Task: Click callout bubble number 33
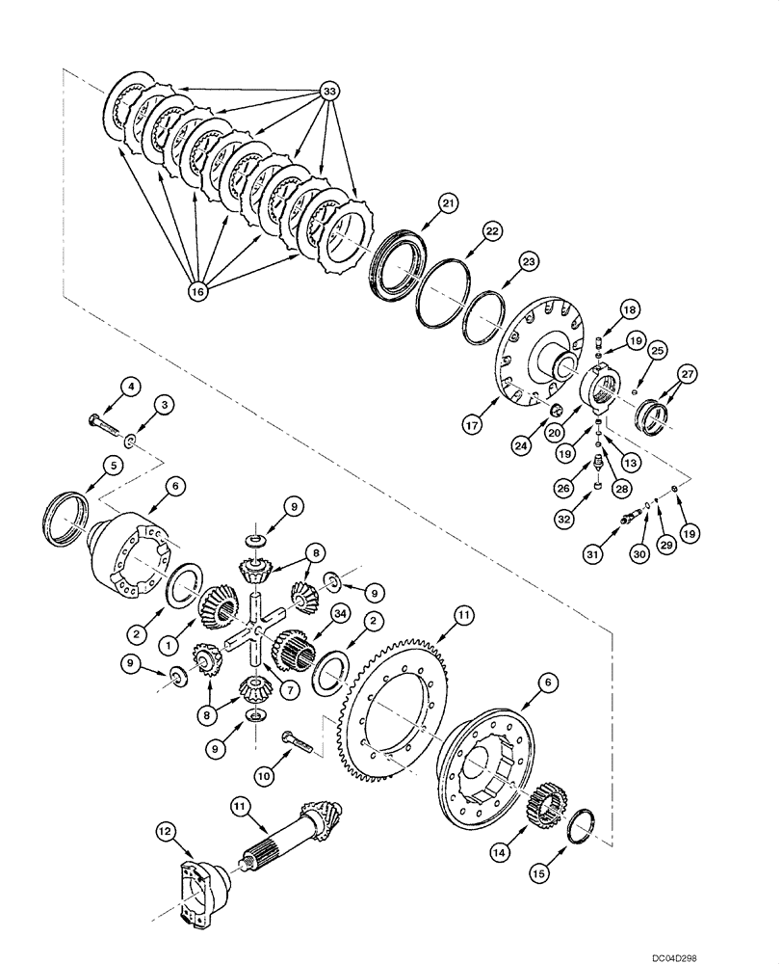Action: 329,94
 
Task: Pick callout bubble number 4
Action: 132,387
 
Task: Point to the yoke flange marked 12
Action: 203,872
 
